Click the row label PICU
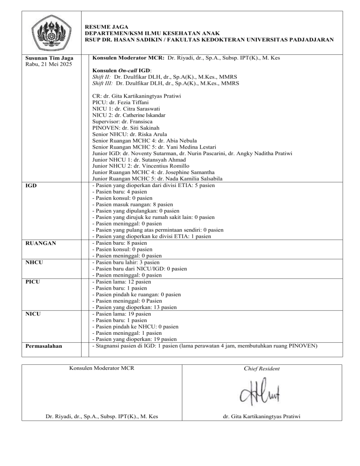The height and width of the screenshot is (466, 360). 32,282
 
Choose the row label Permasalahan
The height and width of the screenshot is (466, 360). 46,347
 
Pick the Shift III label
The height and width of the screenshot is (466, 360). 103,83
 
